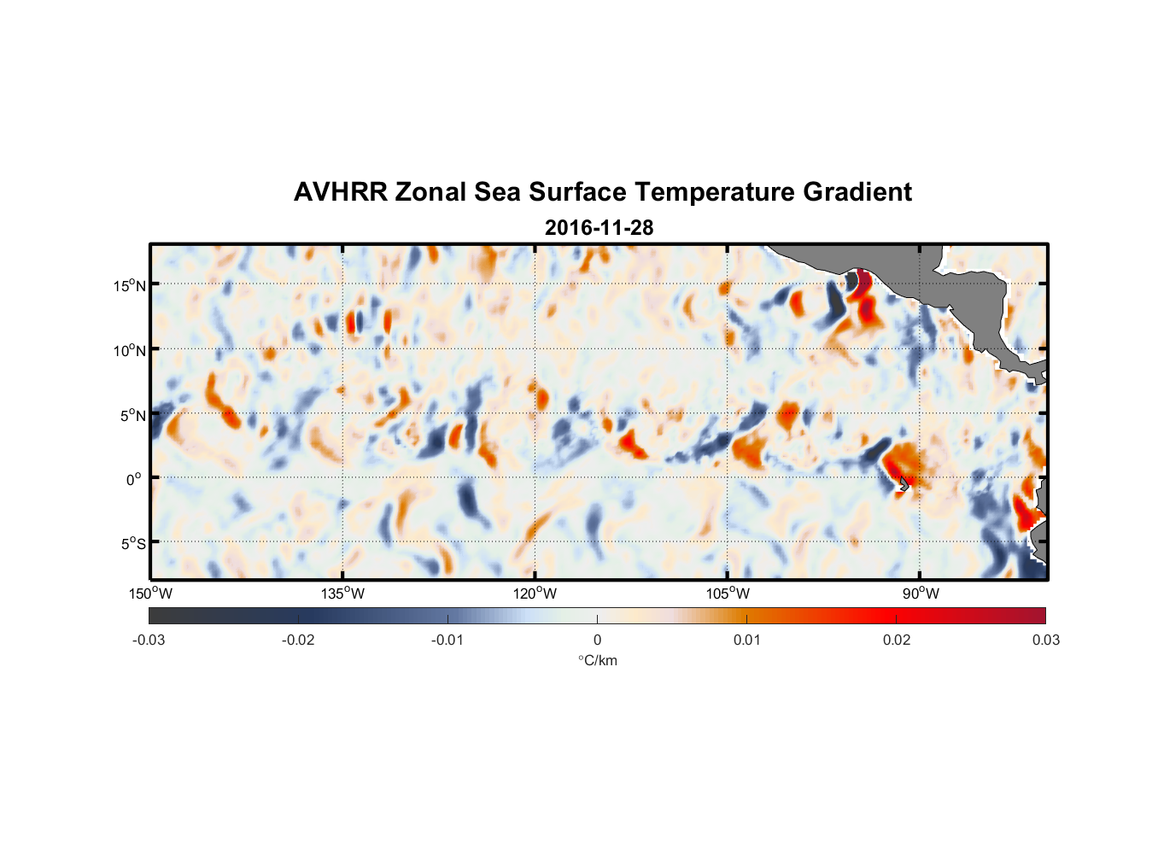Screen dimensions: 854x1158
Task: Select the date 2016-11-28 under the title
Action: coord(599,228)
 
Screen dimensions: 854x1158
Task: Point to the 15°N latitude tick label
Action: coord(129,285)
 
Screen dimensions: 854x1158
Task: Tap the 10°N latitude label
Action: coord(129,350)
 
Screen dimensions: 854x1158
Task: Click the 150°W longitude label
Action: coord(150,594)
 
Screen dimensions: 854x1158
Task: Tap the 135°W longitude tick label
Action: coord(342,594)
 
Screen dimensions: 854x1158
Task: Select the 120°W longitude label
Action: coord(535,594)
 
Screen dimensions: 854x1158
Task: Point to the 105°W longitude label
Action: coord(728,594)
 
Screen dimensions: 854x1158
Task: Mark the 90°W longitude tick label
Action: coord(920,594)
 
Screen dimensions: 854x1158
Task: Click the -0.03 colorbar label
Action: coord(149,640)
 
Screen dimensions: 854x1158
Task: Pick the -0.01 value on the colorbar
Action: coord(447,640)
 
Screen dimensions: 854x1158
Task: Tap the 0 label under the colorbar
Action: coord(597,640)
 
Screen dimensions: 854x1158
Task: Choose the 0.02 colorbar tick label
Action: coord(897,640)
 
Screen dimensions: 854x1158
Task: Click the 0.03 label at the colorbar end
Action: coord(1045,640)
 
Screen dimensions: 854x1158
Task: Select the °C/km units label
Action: coord(597,660)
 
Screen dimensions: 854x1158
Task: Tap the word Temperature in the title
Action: coord(712,192)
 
